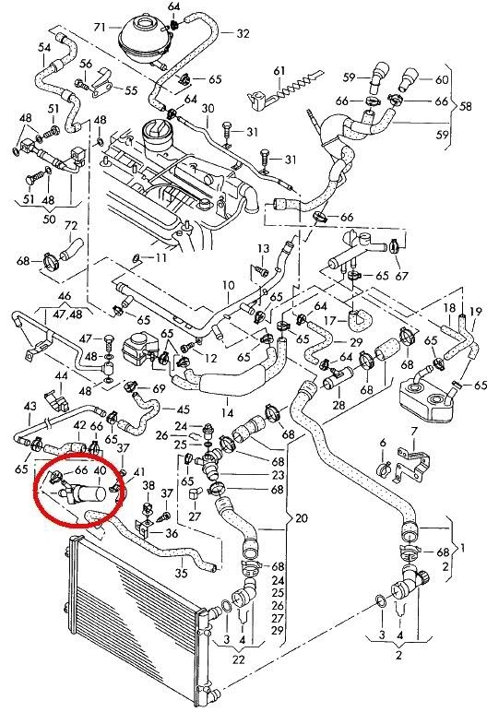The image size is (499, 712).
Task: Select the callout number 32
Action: point(243,33)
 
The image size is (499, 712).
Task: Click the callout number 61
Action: point(279,71)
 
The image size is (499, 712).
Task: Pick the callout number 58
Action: point(466,106)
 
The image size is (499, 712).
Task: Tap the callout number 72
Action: point(71,226)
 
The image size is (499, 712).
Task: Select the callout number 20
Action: point(301,517)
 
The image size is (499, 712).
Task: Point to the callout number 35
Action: point(181,573)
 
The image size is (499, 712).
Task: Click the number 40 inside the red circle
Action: point(100,470)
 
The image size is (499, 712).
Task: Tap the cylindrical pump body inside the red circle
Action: point(90,493)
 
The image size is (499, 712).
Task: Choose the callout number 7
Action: point(413,431)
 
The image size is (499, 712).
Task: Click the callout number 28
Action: point(339,405)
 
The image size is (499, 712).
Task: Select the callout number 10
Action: point(229,285)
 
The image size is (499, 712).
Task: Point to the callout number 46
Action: point(65,297)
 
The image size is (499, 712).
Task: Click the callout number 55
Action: point(131,90)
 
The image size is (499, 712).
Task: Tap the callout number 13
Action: point(264,248)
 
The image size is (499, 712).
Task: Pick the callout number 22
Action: point(239,659)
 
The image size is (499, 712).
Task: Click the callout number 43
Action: point(30,406)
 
